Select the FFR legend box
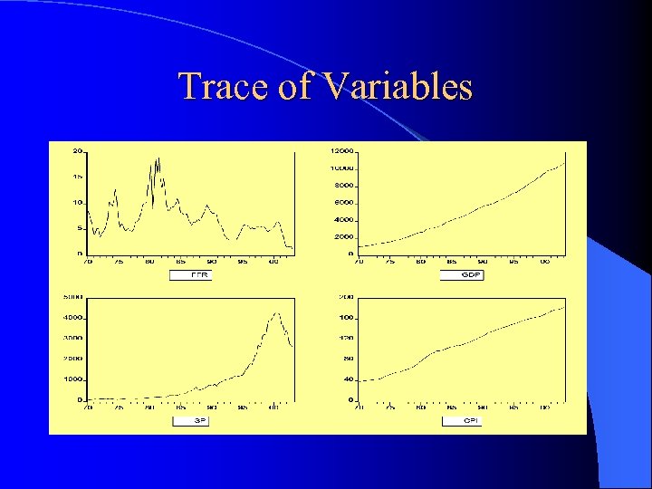[x=190, y=275]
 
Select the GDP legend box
[x=462, y=275]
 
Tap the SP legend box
[x=190, y=421]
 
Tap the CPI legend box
[x=462, y=421]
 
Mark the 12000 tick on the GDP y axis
[x=341, y=150]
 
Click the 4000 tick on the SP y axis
[x=72, y=318]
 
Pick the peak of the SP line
[x=277, y=313]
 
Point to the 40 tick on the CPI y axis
[x=348, y=379]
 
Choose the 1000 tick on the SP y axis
[x=72, y=379]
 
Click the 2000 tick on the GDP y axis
[x=343, y=236]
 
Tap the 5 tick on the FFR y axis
[x=80, y=228]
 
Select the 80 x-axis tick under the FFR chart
[x=149, y=262]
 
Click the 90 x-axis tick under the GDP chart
[x=483, y=262]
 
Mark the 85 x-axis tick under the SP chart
[x=179, y=407]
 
